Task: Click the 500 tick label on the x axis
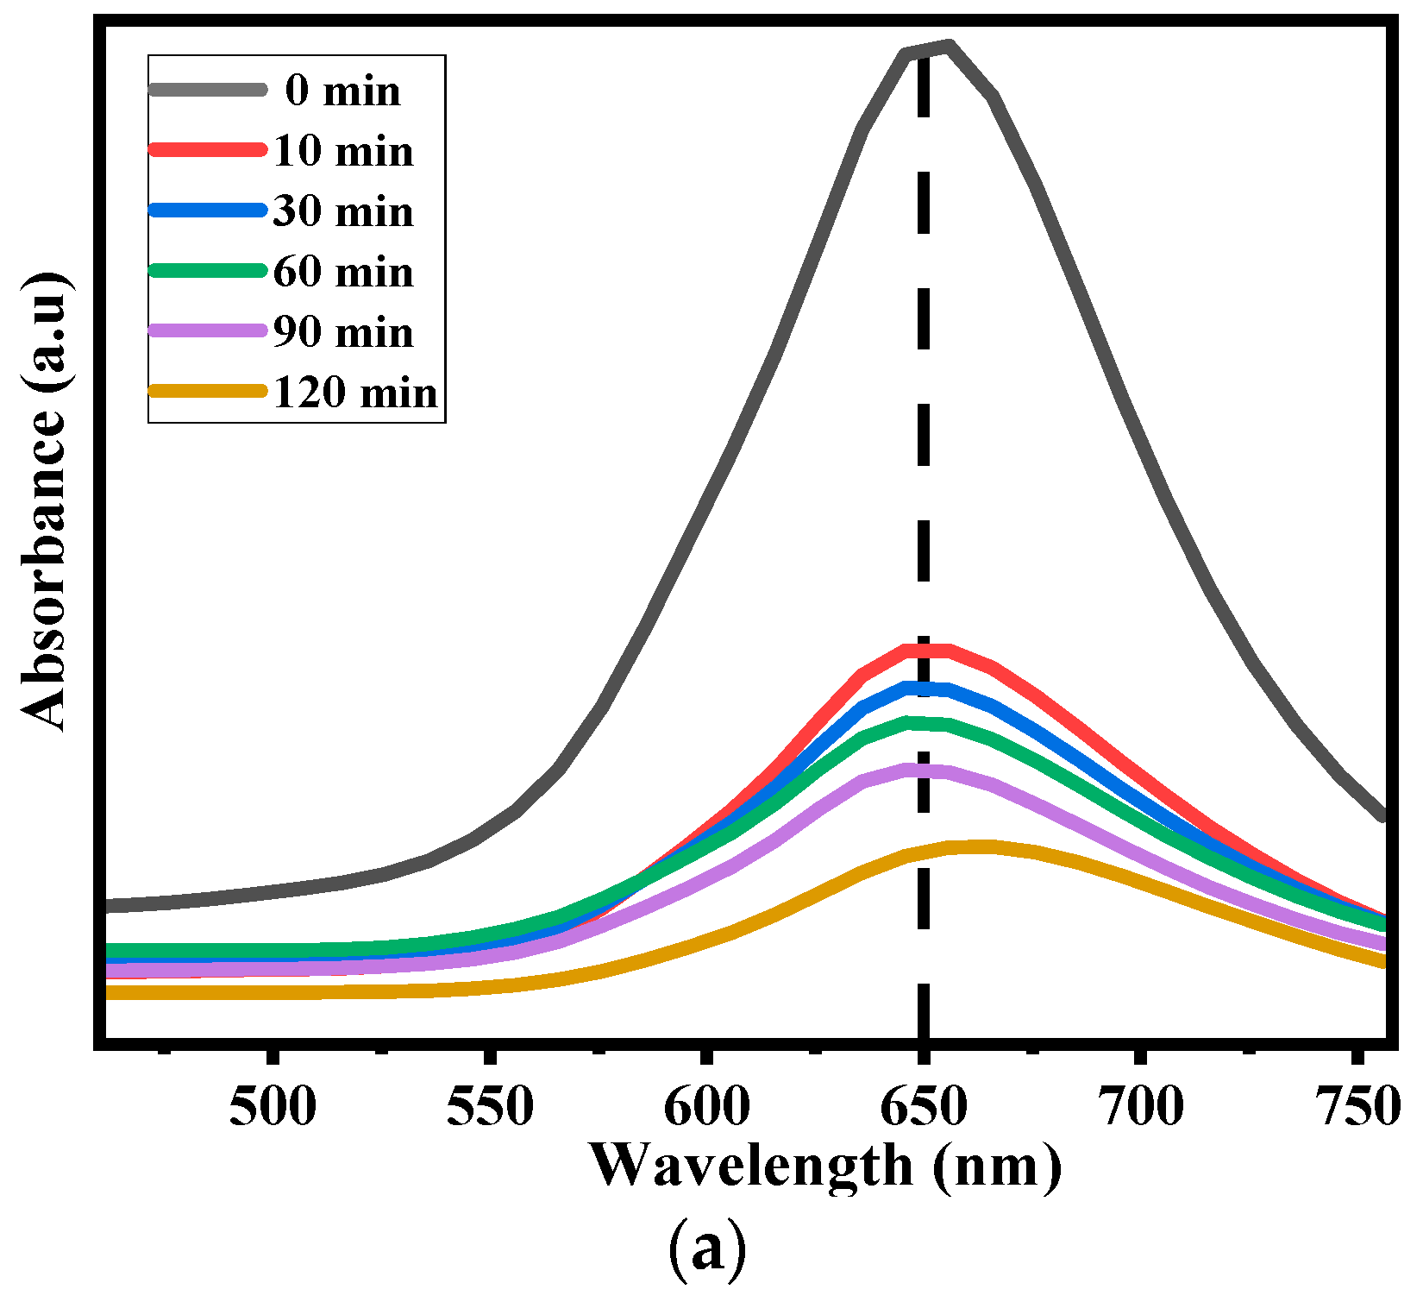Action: tap(273, 1107)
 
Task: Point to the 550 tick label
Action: tap(490, 1107)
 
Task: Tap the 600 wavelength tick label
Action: tap(707, 1107)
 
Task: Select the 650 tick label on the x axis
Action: tap(924, 1107)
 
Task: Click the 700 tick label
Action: tap(1141, 1107)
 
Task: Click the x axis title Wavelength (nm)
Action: tap(825, 1167)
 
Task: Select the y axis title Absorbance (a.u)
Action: tap(43, 500)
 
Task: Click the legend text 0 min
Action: tap(343, 91)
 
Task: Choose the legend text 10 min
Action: tap(343, 151)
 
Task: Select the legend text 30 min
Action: tap(343, 211)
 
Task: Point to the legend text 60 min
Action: tap(343, 272)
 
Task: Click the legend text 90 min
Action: tap(343, 332)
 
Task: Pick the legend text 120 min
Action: tap(355, 393)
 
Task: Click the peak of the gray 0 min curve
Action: tap(947, 45)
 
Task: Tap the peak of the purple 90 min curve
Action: tap(925, 770)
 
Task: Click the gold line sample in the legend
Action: tap(207, 391)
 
